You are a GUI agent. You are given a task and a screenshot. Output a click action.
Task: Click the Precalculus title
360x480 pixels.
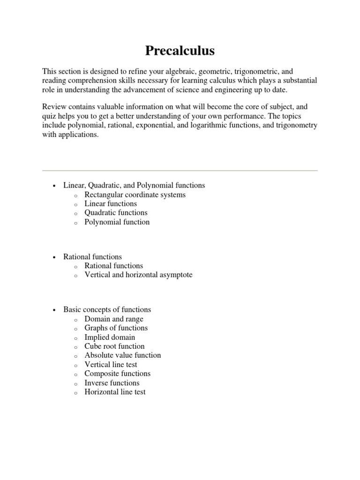pos(180,51)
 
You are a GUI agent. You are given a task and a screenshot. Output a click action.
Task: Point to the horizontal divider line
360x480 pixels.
pos(180,170)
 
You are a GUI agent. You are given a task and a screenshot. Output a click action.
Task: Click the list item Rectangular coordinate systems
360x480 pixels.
pos(135,195)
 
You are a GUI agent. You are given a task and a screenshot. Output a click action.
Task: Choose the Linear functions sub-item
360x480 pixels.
pos(111,204)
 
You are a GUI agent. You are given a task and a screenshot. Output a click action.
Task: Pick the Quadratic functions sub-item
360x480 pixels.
pos(116,213)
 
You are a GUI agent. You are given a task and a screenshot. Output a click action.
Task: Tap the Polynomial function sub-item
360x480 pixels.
pos(117,222)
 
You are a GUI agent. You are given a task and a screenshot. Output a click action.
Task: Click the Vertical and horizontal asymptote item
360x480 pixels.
pos(138,275)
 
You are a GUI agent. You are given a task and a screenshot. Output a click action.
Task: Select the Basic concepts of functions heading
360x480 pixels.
pos(107,310)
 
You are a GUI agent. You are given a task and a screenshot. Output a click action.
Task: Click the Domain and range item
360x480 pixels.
pos(114,319)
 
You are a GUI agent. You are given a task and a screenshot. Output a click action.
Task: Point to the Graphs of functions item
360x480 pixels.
pos(116,328)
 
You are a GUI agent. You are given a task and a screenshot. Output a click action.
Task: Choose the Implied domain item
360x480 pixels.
pos(110,337)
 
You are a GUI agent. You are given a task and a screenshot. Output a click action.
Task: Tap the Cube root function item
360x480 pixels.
pos(114,346)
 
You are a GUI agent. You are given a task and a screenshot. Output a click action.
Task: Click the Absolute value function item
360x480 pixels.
pos(122,355)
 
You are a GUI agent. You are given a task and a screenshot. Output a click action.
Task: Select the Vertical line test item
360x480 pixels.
pos(111,365)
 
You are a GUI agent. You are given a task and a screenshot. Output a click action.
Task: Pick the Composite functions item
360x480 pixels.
pos(117,374)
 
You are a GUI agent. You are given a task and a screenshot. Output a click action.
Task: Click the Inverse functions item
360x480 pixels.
pos(112,383)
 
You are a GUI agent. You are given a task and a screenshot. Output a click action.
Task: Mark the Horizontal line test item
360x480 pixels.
pos(115,392)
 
